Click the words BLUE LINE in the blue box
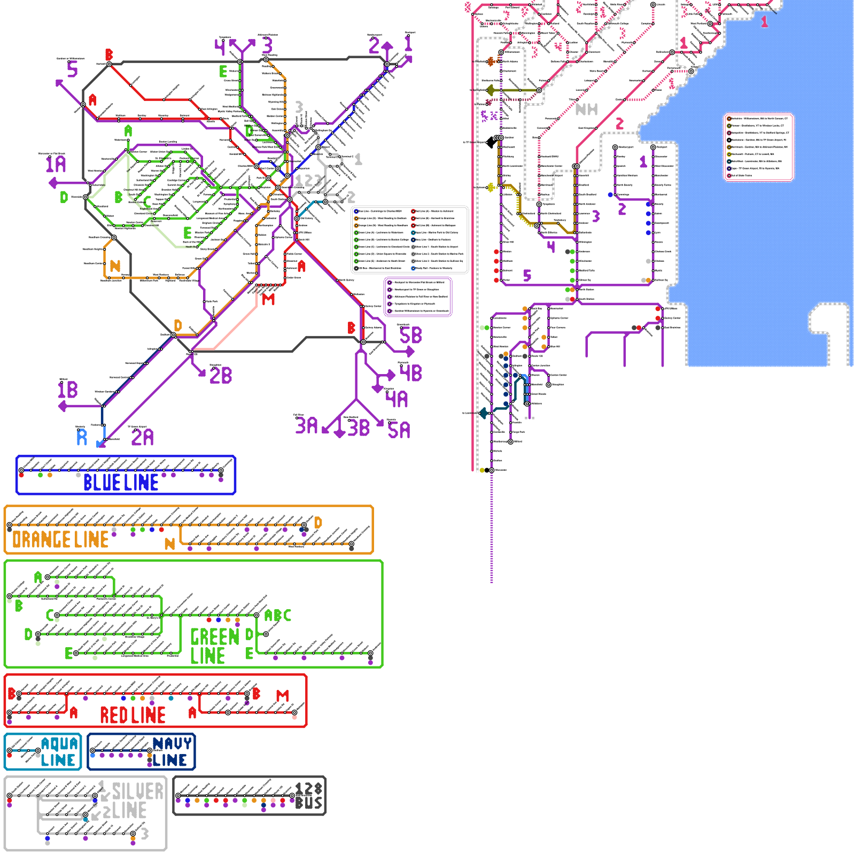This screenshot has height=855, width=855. (x=121, y=483)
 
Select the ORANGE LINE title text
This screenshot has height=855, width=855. (x=60, y=540)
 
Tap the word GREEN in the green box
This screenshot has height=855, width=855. (x=214, y=636)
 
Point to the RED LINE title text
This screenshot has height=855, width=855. (x=133, y=715)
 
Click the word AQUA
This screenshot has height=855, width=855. (x=59, y=743)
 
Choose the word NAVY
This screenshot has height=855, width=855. (x=172, y=743)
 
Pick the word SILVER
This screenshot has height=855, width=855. (x=137, y=791)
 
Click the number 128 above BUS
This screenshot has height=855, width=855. (x=308, y=789)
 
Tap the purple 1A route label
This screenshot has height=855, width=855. (x=56, y=164)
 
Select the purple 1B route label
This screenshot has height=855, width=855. (x=68, y=390)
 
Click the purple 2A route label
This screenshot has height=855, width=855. (x=142, y=438)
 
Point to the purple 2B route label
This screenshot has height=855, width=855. (x=221, y=375)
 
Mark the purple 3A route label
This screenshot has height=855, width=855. (x=306, y=426)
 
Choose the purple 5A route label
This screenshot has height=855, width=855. (x=399, y=430)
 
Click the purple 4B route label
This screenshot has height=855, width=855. (x=410, y=372)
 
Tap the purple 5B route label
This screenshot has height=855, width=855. (x=410, y=336)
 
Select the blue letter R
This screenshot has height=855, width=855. (x=82, y=437)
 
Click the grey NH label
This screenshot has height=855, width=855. (x=586, y=110)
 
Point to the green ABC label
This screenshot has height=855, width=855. (x=278, y=616)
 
